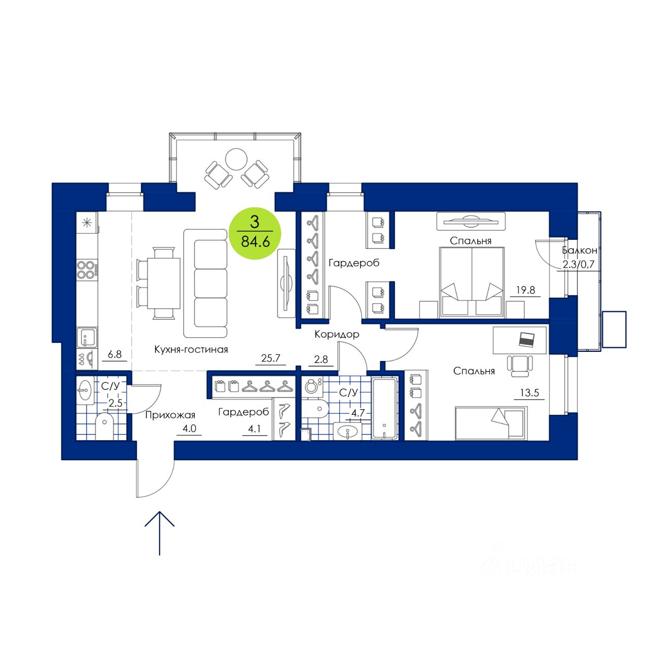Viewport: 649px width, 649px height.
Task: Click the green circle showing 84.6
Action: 255,234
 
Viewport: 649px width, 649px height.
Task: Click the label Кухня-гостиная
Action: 191,349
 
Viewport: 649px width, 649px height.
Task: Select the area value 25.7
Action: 271,358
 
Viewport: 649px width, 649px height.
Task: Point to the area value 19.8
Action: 526,291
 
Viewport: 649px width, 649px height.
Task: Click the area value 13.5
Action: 529,393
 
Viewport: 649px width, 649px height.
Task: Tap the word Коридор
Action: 337,335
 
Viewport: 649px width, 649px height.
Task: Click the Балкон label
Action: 579,250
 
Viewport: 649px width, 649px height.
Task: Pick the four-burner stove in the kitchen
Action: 87,269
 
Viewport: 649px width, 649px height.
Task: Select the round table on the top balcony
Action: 236,159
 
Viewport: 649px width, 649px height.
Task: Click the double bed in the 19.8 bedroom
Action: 472,282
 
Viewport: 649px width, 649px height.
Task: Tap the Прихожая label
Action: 170,415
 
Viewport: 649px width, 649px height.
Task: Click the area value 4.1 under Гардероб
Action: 254,429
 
